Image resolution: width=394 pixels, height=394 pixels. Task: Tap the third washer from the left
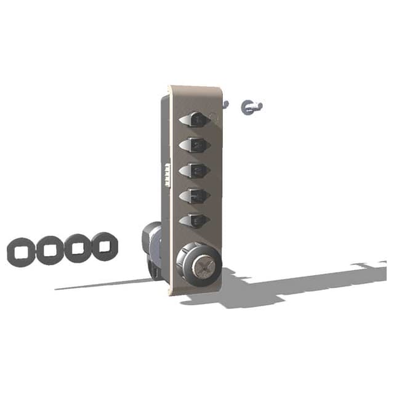[x=78, y=248]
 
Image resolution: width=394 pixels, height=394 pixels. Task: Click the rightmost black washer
[x=105, y=246]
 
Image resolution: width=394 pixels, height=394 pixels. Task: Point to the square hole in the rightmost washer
[x=105, y=246]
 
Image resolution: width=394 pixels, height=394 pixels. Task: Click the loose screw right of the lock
[x=252, y=107]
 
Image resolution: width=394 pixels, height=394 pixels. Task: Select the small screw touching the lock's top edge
[x=225, y=105]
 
